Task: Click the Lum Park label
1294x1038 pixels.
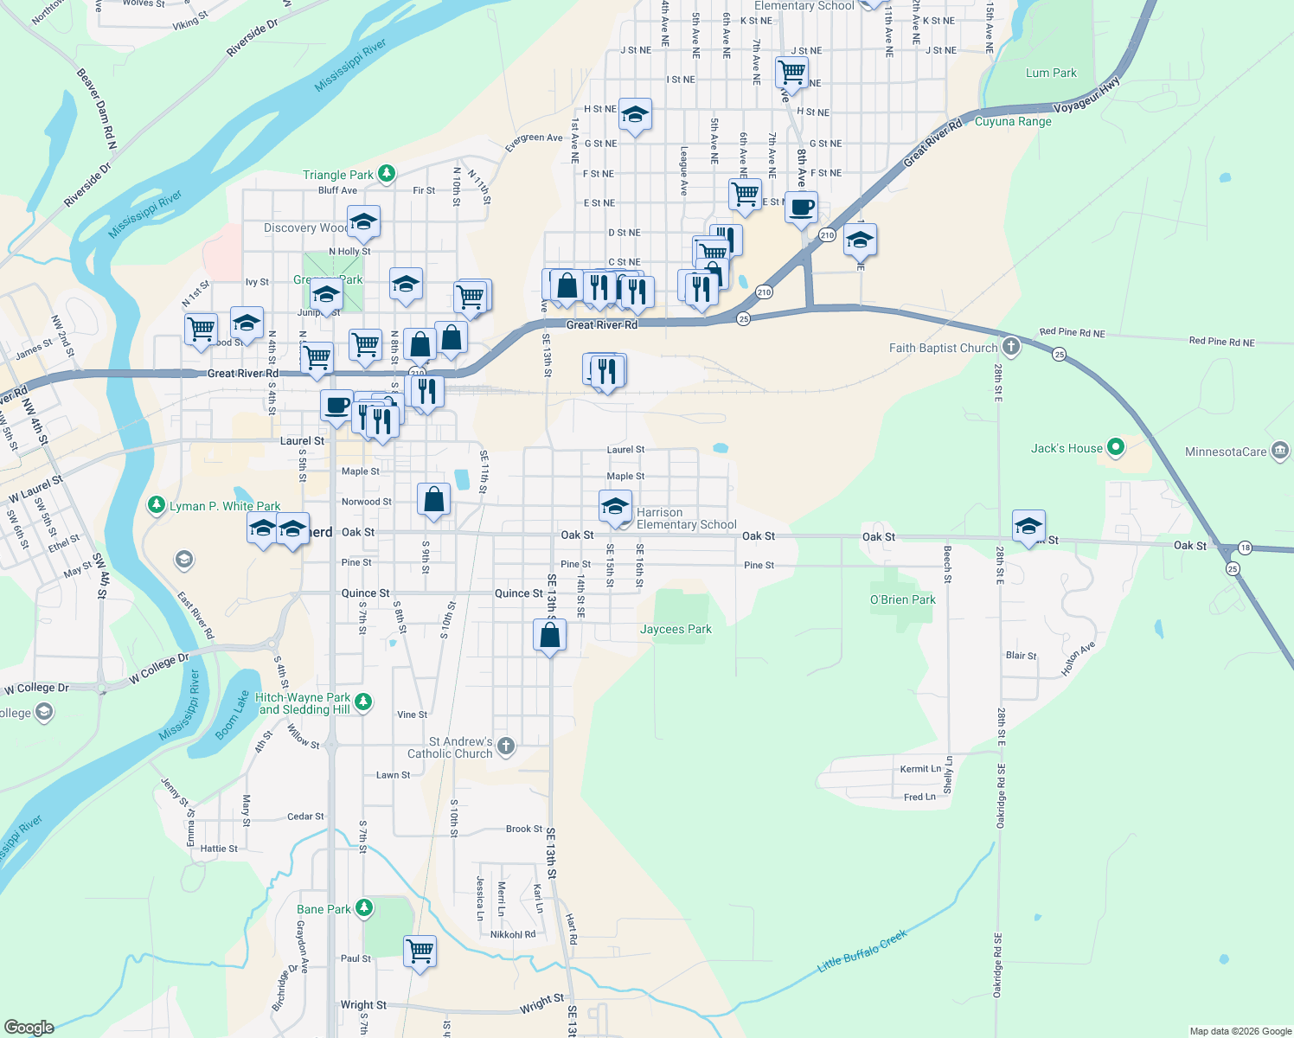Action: point(1051,73)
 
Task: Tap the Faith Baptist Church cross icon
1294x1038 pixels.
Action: point(1010,348)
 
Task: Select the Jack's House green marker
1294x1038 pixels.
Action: point(1116,447)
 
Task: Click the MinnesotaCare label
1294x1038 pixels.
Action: point(1226,452)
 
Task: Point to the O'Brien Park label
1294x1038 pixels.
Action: point(903,599)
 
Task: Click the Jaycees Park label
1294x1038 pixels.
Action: point(676,629)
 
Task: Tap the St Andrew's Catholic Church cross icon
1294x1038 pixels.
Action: point(506,746)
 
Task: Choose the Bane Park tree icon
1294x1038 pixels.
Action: point(364,908)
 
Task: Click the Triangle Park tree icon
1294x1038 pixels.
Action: point(387,174)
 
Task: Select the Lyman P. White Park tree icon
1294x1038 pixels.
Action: point(156,505)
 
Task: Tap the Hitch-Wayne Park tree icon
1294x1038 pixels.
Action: point(364,702)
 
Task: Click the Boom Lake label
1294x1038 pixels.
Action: point(232,715)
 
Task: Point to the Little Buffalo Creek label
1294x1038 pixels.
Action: point(862,951)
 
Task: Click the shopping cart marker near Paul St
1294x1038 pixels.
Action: point(420,951)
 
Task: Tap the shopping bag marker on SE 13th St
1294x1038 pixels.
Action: point(550,636)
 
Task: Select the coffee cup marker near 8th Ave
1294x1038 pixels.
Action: point(802,208)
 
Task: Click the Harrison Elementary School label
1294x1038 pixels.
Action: point(686,518)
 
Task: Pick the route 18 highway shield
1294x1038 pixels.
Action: point(1245,547)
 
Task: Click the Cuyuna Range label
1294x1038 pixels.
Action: point(1013,121)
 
